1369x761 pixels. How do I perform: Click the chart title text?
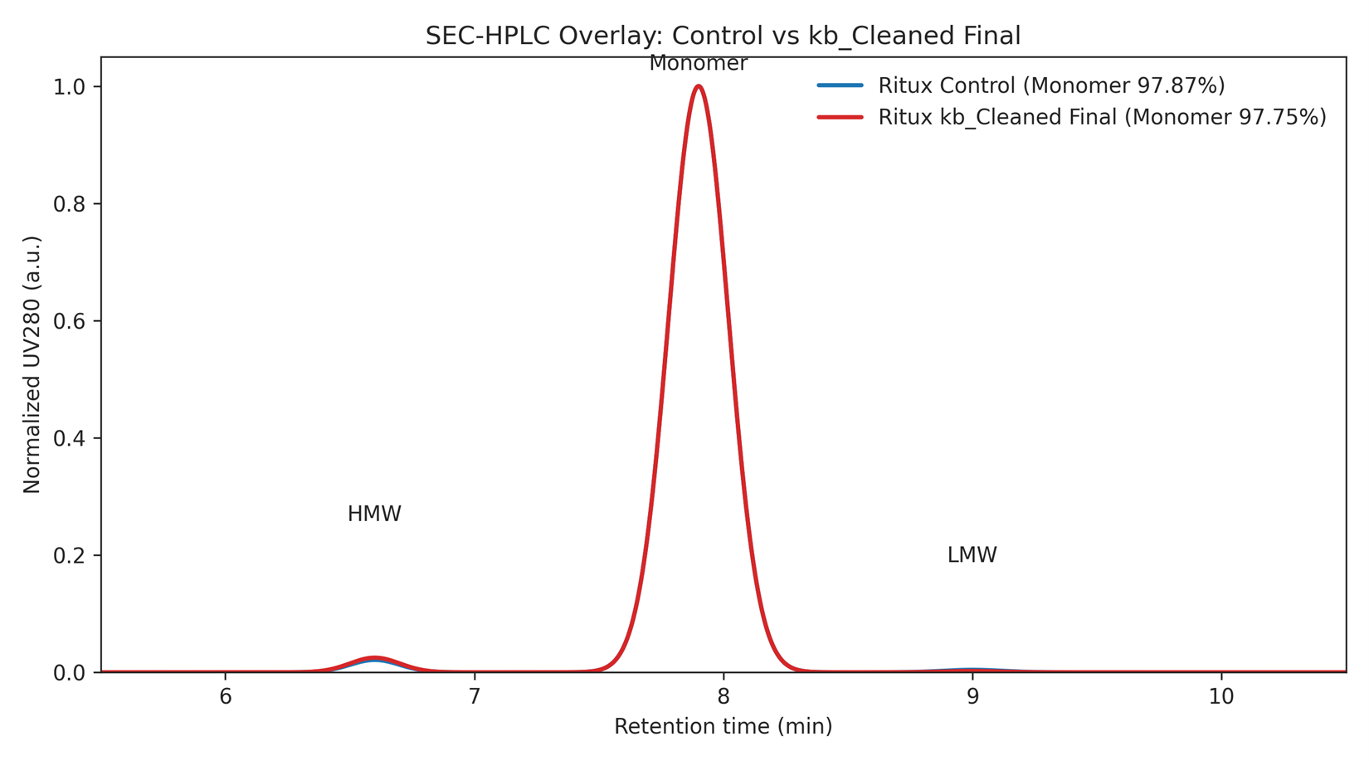[x=723, y=36]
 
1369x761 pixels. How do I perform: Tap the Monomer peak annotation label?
[x=698, y=63]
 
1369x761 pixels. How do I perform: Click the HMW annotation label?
[x=374, y=515]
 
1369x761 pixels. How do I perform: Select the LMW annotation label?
[x=972, y=555]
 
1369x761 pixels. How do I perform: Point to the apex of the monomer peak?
[x=699, y=86]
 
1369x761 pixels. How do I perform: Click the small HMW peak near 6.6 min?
[x=375, y=659]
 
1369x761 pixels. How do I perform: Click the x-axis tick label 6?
[x=226, y=697]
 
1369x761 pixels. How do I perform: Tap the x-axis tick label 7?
[x=475, y=697]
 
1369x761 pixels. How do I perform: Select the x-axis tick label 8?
[x=723, y=697]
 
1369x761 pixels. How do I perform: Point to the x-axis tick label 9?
[x=972, y=697]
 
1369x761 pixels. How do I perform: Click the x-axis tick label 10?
[x=1221, y=697]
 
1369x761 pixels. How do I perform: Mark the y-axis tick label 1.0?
[x=70, y=87]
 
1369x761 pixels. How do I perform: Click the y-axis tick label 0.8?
[x=70, y=204]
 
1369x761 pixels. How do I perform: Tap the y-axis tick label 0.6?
[x=70, y=321]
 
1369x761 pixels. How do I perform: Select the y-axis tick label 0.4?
[x=70, y=438]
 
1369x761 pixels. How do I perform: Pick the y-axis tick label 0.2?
[x=70, y=555]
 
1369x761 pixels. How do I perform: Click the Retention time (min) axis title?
[x=723, y=727]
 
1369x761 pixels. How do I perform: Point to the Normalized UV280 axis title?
[x=32, y=364]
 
